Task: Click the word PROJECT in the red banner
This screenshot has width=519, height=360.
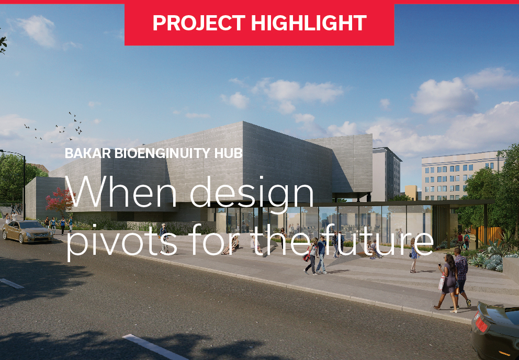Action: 199,23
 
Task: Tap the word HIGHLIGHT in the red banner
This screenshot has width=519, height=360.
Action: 309,23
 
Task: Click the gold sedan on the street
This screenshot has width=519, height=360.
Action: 28,231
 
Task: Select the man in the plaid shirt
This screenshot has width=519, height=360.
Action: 461,277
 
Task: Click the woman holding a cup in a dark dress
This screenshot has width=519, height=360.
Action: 447,283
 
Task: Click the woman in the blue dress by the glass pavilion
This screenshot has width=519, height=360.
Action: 414,255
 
